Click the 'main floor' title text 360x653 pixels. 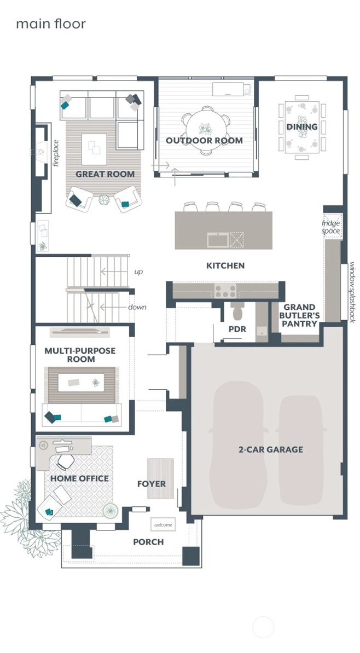(50, 24)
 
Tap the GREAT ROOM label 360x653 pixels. (105, 174)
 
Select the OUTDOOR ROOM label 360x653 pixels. (204, 141)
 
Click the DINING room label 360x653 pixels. (301, 127)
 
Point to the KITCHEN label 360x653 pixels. (225, 265)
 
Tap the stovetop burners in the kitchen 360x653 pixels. (225, 291)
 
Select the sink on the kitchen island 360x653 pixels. (218, 240)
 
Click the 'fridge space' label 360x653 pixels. (331, 227)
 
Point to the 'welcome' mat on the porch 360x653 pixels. (163, 524)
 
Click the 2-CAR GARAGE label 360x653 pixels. (270, 449)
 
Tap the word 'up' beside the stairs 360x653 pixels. (138, 271)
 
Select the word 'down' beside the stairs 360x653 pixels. (137, 307)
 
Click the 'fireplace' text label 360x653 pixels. (55, 153)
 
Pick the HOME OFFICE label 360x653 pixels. (79, 478)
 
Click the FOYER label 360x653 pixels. (152, 484)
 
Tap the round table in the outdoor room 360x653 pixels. (206, 129)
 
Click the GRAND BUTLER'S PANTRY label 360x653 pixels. (299, 315)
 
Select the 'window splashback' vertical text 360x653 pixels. (352, 292)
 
